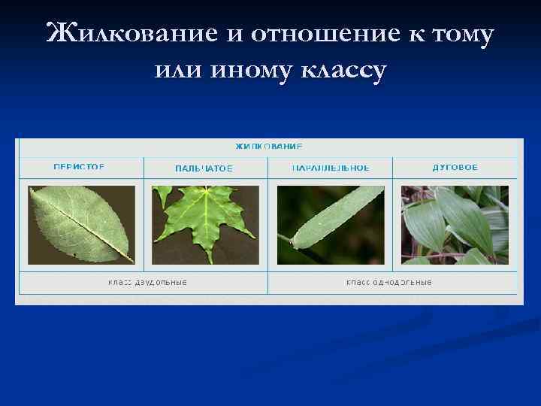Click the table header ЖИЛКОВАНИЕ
click(x=269, y=146)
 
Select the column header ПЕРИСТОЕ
click(x=79, y=168)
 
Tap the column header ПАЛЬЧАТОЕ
click(x=204, y=168)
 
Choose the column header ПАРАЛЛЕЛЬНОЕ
click(x=331, y=168)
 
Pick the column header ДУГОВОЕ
click(x=455, y=168)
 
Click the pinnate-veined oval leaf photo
click(x=81, y=225)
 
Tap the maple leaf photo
click(x=205, y=225)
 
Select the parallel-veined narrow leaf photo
click(x=331, y=225)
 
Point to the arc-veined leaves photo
click(x=455, y=225)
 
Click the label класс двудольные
click(x=147, y=282)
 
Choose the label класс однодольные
click(x=388, y=282)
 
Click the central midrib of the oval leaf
click(x=83, y=226)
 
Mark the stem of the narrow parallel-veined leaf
click(x=285, y=239)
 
